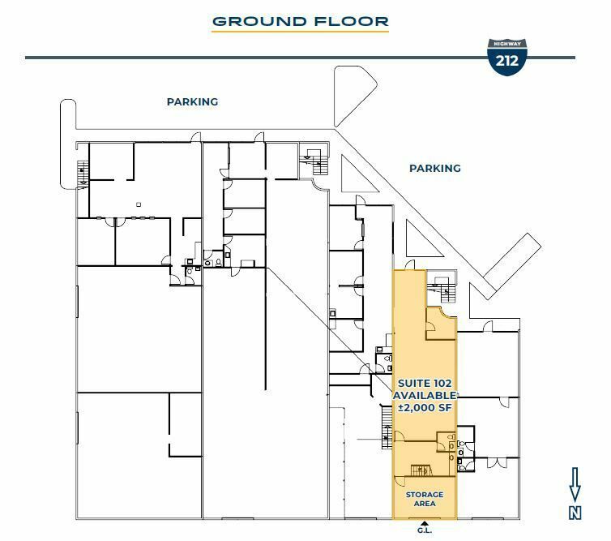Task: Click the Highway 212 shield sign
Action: pos(507,57)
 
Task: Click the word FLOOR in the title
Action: pos(352,21)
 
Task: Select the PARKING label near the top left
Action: pos(192,102)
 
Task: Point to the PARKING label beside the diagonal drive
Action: pos(435,169)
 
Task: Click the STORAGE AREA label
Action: pos(425,499)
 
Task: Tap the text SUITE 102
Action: pos(425,384)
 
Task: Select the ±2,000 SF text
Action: pos(425,408)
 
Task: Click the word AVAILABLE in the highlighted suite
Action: pos(425,396)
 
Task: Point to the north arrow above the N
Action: pos(575,485)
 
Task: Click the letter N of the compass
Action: pos(575,513)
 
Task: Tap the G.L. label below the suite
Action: pos(425,530)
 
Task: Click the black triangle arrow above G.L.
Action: pos(425,523)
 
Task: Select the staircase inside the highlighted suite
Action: pos(421,470)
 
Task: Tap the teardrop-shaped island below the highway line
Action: pos(354,95)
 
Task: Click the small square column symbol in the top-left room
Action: pos(139,204)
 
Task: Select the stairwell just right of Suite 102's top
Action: pos(442,286)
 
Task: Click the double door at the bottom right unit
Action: pos(496,462)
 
